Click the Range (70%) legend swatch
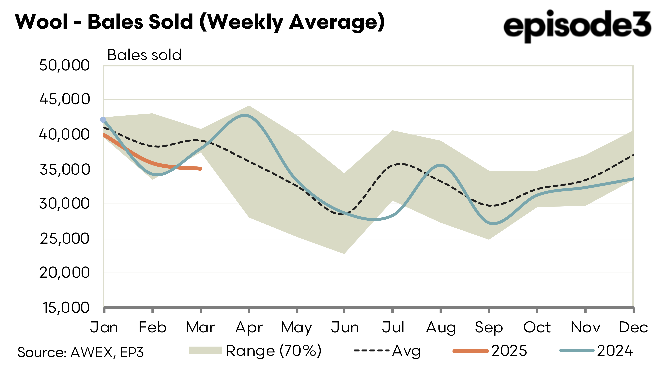[205, 350]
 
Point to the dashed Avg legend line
[371, 350]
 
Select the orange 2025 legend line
[470, 351]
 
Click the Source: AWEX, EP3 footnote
[81, 352]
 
